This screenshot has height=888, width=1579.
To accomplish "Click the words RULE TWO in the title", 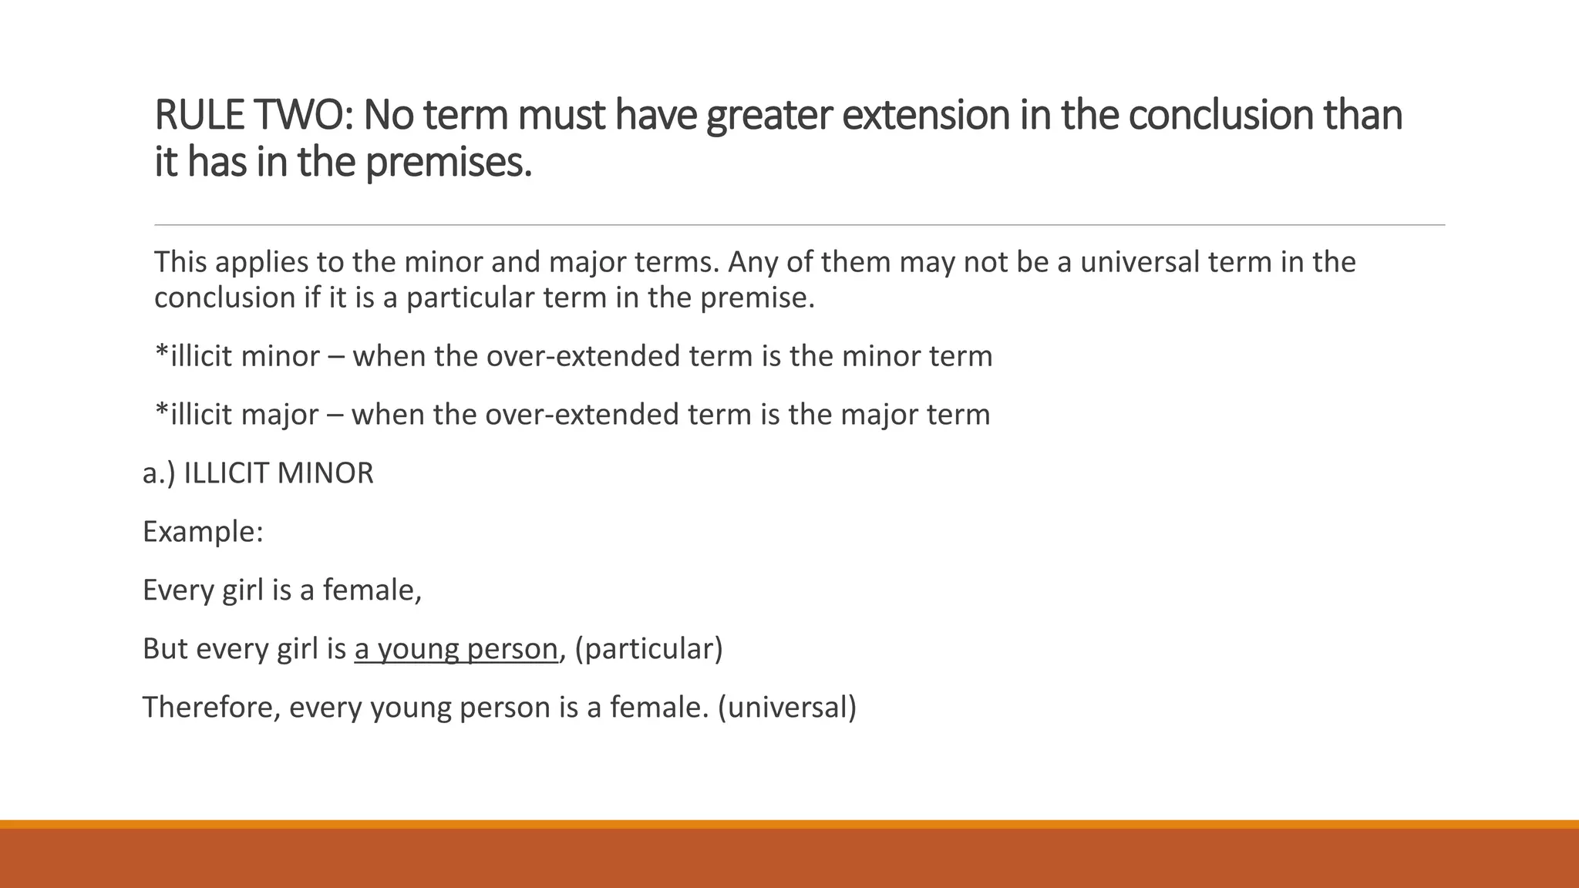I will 253,116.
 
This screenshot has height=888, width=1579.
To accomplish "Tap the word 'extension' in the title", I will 925,116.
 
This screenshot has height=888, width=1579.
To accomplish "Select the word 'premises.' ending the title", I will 448,163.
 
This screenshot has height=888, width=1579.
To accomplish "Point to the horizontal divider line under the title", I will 800,225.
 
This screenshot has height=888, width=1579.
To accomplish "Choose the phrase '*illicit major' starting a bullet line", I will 237,415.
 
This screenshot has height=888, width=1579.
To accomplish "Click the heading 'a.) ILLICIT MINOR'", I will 258,473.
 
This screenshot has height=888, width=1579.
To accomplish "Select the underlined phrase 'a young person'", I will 456,649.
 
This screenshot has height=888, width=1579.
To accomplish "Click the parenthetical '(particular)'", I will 649,649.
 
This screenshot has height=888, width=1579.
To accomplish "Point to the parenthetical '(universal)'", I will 787,708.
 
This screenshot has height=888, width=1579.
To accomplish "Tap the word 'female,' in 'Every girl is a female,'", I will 372,590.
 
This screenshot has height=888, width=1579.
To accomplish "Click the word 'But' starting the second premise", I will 165,649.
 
